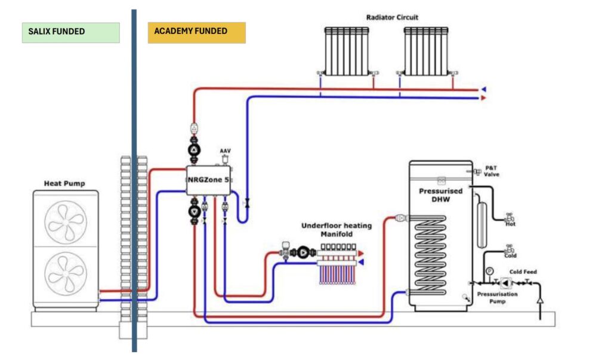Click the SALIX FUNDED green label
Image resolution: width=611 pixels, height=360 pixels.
[x=70, y=32]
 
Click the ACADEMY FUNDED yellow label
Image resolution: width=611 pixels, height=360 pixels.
[x=196, y=32]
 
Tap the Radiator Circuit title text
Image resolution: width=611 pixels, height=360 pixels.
[x=392, y=17]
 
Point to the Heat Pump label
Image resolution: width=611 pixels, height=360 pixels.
[x=64, y=183]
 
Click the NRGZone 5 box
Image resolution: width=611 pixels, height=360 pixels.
[x=208, y=180]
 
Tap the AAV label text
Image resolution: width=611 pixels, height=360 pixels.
[x=225, y=151]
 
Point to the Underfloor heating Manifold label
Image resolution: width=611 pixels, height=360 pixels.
[x=336, y=230]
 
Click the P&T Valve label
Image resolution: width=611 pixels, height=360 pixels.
[x=491, y=171]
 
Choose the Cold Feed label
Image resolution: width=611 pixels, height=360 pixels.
[x=524, y=272]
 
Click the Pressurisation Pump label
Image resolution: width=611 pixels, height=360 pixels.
[x=497, y=297]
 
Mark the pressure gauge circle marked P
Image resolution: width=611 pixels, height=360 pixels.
[x=489, y=271]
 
